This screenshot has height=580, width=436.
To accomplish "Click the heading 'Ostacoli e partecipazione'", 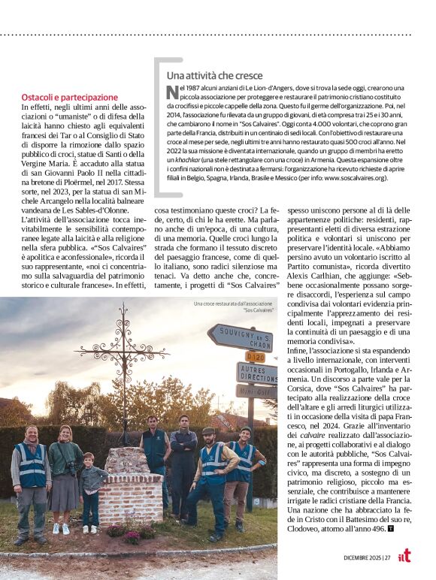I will point(70,98).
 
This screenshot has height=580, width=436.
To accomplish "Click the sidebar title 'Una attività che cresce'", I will point(214,76).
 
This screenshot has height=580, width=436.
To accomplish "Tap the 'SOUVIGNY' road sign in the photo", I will point(240,336).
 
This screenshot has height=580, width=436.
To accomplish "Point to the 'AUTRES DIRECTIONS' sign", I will point(256,373).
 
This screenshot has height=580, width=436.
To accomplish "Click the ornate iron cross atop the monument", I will point(124,353).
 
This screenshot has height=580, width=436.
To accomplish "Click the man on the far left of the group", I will point(32,481).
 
